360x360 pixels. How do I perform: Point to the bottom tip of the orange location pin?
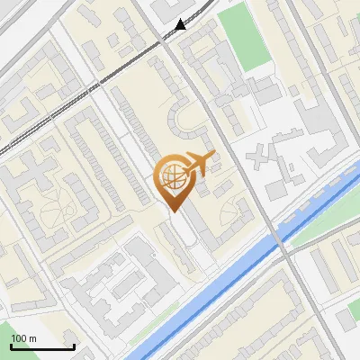(173, 211)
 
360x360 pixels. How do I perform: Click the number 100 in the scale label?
(19, 338)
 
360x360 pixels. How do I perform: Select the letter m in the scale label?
(32, 338)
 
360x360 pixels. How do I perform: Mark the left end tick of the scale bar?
(11, 346)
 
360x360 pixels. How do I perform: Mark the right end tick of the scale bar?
(74, 346)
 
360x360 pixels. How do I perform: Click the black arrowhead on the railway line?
(182, 25)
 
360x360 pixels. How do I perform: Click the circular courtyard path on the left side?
(54, 211)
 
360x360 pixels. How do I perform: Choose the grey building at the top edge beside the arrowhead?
(175, 7)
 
